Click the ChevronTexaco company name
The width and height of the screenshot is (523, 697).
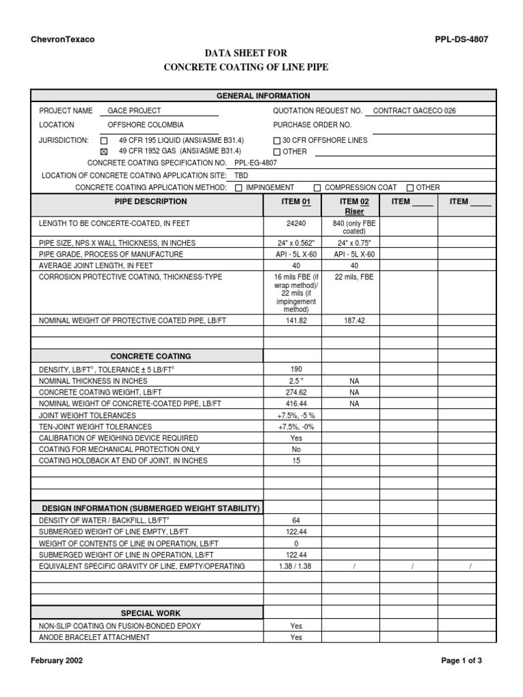[63, 39]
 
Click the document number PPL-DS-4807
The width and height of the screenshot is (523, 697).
[461, 39]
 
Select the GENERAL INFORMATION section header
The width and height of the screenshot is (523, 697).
[263, 96]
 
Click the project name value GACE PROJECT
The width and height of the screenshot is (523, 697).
[134, 111]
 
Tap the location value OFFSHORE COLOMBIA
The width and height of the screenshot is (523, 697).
[145, 125]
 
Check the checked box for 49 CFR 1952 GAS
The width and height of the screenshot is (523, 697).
[104, 152]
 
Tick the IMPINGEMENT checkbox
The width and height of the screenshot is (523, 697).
[238, 188]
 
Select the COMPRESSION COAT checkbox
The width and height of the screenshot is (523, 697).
[317, 188]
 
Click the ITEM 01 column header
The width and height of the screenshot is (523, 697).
[296, 202]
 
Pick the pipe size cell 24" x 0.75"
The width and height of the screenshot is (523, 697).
[354, 243]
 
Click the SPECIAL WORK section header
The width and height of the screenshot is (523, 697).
[150, 613]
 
